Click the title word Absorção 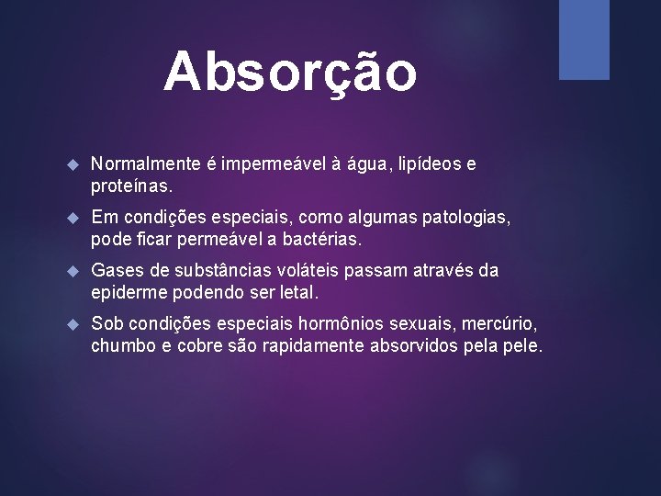290,71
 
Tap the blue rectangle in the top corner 584,39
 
